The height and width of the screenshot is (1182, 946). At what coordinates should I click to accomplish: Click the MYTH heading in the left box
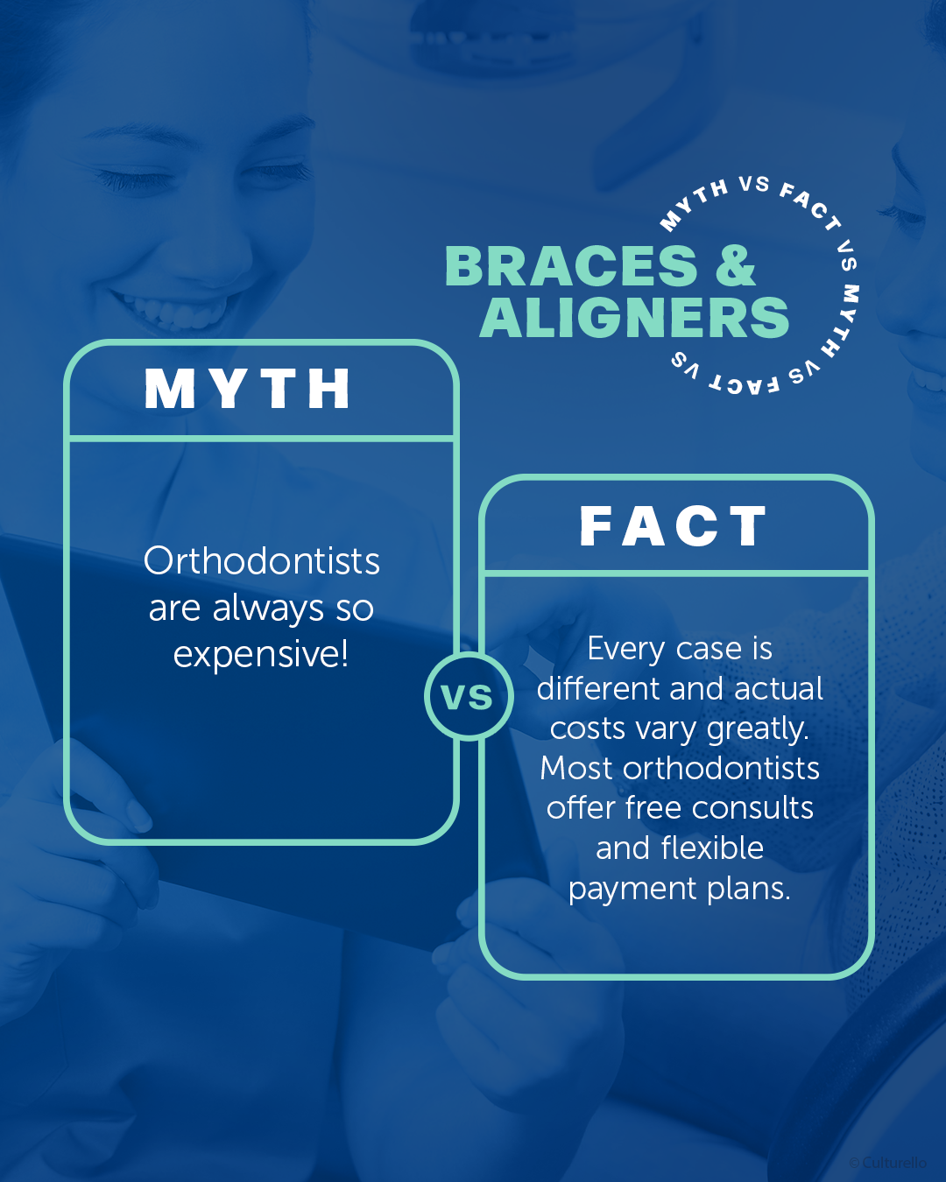[x=247, y=389]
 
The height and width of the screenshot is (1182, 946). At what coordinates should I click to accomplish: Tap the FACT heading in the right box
[x=674, y=525]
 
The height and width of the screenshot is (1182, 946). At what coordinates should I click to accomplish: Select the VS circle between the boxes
[x=469, y=696]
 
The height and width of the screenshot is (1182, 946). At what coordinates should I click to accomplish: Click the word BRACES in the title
[x=571, y=266]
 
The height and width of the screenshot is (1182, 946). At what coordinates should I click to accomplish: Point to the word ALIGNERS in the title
[x=634, y=317]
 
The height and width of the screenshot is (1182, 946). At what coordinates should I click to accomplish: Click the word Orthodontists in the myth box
[x=262, y=561]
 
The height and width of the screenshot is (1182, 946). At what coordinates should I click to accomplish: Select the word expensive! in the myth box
[x=261, y=655]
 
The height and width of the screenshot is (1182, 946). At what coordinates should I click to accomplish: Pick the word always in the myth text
[x=268, y=609]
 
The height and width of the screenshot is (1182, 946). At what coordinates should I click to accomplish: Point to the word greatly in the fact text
[x=758, y=729]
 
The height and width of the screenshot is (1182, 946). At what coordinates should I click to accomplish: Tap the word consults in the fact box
[x=752, y=808]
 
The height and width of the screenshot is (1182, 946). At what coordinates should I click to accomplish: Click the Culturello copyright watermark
[x=887, y=1162]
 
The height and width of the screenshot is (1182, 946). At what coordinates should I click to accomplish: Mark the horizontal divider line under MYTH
[x=262, y=439]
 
